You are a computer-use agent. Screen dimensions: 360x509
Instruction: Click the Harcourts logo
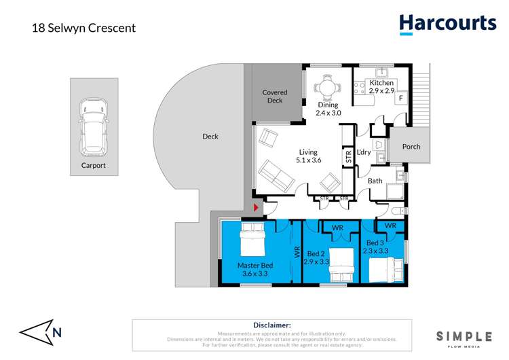tap(447, 24)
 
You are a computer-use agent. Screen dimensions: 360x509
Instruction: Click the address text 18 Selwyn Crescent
tap(84, 28)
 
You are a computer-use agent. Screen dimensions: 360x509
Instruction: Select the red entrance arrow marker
tap(256, 207)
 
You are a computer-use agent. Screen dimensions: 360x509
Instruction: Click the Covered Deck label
tap(275, 96)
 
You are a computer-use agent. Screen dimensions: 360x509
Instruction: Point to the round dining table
tap(328, 87)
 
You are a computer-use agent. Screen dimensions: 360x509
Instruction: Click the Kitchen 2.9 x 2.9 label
tap(381, 87)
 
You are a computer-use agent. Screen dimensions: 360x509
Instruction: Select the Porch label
tap(411, 146)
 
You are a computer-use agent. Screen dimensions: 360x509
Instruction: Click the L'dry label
tap(363, 152)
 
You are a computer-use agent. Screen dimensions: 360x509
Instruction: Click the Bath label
tap(375, 181)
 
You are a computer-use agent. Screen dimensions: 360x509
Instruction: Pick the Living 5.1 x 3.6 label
tap(308, 156)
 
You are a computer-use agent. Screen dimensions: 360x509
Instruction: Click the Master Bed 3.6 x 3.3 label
tap(254, 270)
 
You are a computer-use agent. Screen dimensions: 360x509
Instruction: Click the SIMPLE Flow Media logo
tap(464, 337)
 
